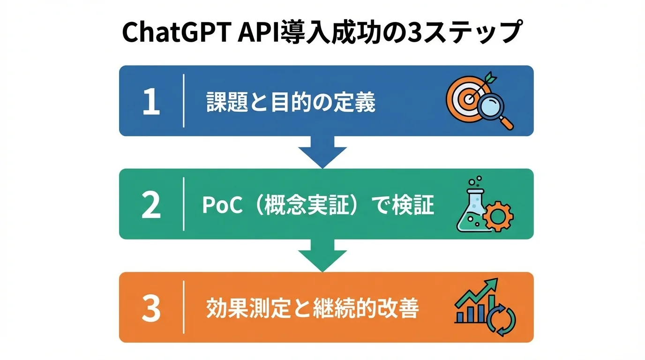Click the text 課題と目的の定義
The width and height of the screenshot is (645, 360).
(291, 102)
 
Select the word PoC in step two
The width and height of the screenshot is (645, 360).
(222, 205)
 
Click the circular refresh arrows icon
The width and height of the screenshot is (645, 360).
(500, 321)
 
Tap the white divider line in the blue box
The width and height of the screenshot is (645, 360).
(184, 101)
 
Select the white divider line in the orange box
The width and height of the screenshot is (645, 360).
(184, 307)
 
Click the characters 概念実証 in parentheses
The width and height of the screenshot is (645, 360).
(313, 205)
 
